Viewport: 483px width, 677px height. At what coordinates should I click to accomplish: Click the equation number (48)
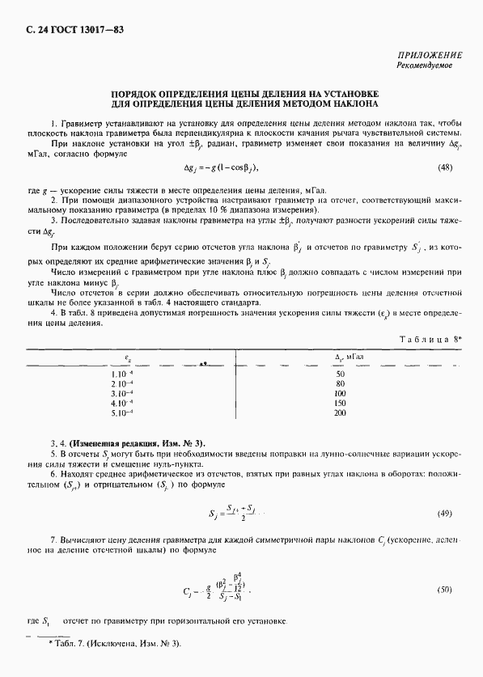click(x=444, y=167)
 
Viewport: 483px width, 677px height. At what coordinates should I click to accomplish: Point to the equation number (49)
click(x=444, y=514)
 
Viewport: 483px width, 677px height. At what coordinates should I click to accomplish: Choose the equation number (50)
click(x=444, y=590)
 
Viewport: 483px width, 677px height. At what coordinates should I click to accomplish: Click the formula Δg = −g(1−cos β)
click(x=221, y=167)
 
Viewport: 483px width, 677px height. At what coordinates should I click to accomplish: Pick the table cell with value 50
click(x=340, y=374)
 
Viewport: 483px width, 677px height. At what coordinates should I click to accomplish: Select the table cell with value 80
click(x=340, y=383)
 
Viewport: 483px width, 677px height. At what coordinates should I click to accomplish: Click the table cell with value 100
click(x=340, y=393)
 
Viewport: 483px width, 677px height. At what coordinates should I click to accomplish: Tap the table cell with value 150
click(x=340, y=403)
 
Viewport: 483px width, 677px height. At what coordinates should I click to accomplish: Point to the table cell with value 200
click(x=340, y=413)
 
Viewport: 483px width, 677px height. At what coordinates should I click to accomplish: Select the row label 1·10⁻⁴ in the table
click(x=121, y=374)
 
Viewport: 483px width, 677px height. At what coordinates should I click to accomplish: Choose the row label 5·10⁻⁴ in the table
click(x=121, y=413)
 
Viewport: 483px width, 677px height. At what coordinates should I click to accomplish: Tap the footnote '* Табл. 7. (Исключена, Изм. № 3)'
click(x=115, y=643)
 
